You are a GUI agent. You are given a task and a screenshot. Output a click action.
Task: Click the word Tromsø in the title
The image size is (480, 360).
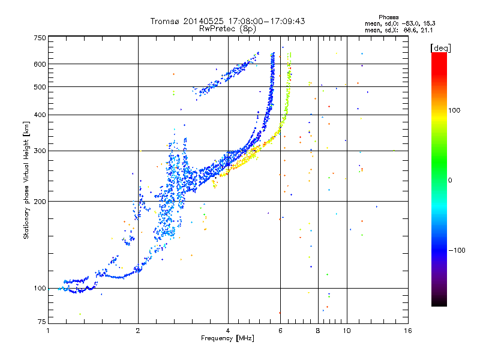pyautogui.click(x=166, y=21)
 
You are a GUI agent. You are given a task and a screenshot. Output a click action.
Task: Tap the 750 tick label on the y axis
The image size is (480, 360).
pyautogui.click(x=40, y=38)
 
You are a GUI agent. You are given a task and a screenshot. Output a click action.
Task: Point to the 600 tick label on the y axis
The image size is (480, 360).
pyautogui.click(x=40, y=64)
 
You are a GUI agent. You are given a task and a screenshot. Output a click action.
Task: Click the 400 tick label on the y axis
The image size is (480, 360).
pyautogui.click(x=40, y=115)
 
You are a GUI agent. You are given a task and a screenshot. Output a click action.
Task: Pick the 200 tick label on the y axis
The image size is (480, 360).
pyautogui.click(x=40, y=202)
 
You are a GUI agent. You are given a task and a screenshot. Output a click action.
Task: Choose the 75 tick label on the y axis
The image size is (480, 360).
pyautogui.click(x=42, y=322)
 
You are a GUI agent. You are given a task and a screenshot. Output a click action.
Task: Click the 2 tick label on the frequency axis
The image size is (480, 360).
pyautogui.click(x=138, y=331)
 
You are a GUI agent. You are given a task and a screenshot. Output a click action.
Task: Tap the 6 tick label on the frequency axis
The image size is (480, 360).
pyautogui.click(x=280, y=331)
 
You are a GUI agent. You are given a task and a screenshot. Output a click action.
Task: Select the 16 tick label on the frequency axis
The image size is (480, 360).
pyautogui.click(x=408, y=331)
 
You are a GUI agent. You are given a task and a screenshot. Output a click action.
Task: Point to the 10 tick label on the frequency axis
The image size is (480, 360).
pyautogui.click(x=347, y=331)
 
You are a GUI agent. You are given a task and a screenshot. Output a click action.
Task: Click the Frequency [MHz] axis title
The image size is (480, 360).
pyautogui.click(x=227, y=338)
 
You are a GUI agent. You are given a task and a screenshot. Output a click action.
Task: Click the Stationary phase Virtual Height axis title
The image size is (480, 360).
pyautogui.click(x=26, y=180)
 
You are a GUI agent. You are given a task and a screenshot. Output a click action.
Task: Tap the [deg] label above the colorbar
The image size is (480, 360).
pyautogui.click(x=440, y=48)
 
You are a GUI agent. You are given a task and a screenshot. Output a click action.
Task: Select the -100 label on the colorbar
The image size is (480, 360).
pyautogui.click(x=457, y=250)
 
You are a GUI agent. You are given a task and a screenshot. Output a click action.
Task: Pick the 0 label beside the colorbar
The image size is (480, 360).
pyautogui.click(x=450, y=181)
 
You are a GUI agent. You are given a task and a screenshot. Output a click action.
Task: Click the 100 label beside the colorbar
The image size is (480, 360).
pyautogui.click(x=454, y=110)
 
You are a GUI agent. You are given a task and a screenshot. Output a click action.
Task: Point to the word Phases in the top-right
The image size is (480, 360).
pyautogui.click(x=388, y=17)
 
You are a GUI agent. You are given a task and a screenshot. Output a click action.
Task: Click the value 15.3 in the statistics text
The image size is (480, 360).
pyautogui.click(x=430, y=23)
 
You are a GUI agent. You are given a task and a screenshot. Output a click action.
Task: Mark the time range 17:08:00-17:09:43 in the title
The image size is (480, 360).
pyautogui.click(x=266, y=21)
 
